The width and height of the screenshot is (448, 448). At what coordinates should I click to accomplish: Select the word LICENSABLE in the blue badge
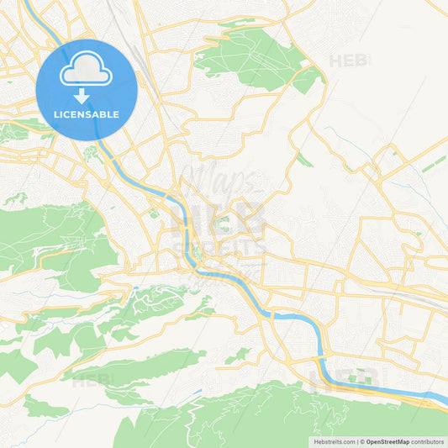point(87,113)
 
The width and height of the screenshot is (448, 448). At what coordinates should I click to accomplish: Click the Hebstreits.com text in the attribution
point(335,441)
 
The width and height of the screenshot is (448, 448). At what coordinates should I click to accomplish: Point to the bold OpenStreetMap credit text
point(386,441)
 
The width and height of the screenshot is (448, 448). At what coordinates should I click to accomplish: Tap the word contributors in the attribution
point(428,441)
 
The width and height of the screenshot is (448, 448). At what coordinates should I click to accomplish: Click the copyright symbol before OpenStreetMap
point(362,441)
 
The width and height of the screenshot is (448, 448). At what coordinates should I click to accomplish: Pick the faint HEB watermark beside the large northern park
point(347,61)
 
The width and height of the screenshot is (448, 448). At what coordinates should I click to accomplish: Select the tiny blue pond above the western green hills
point(134,287)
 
